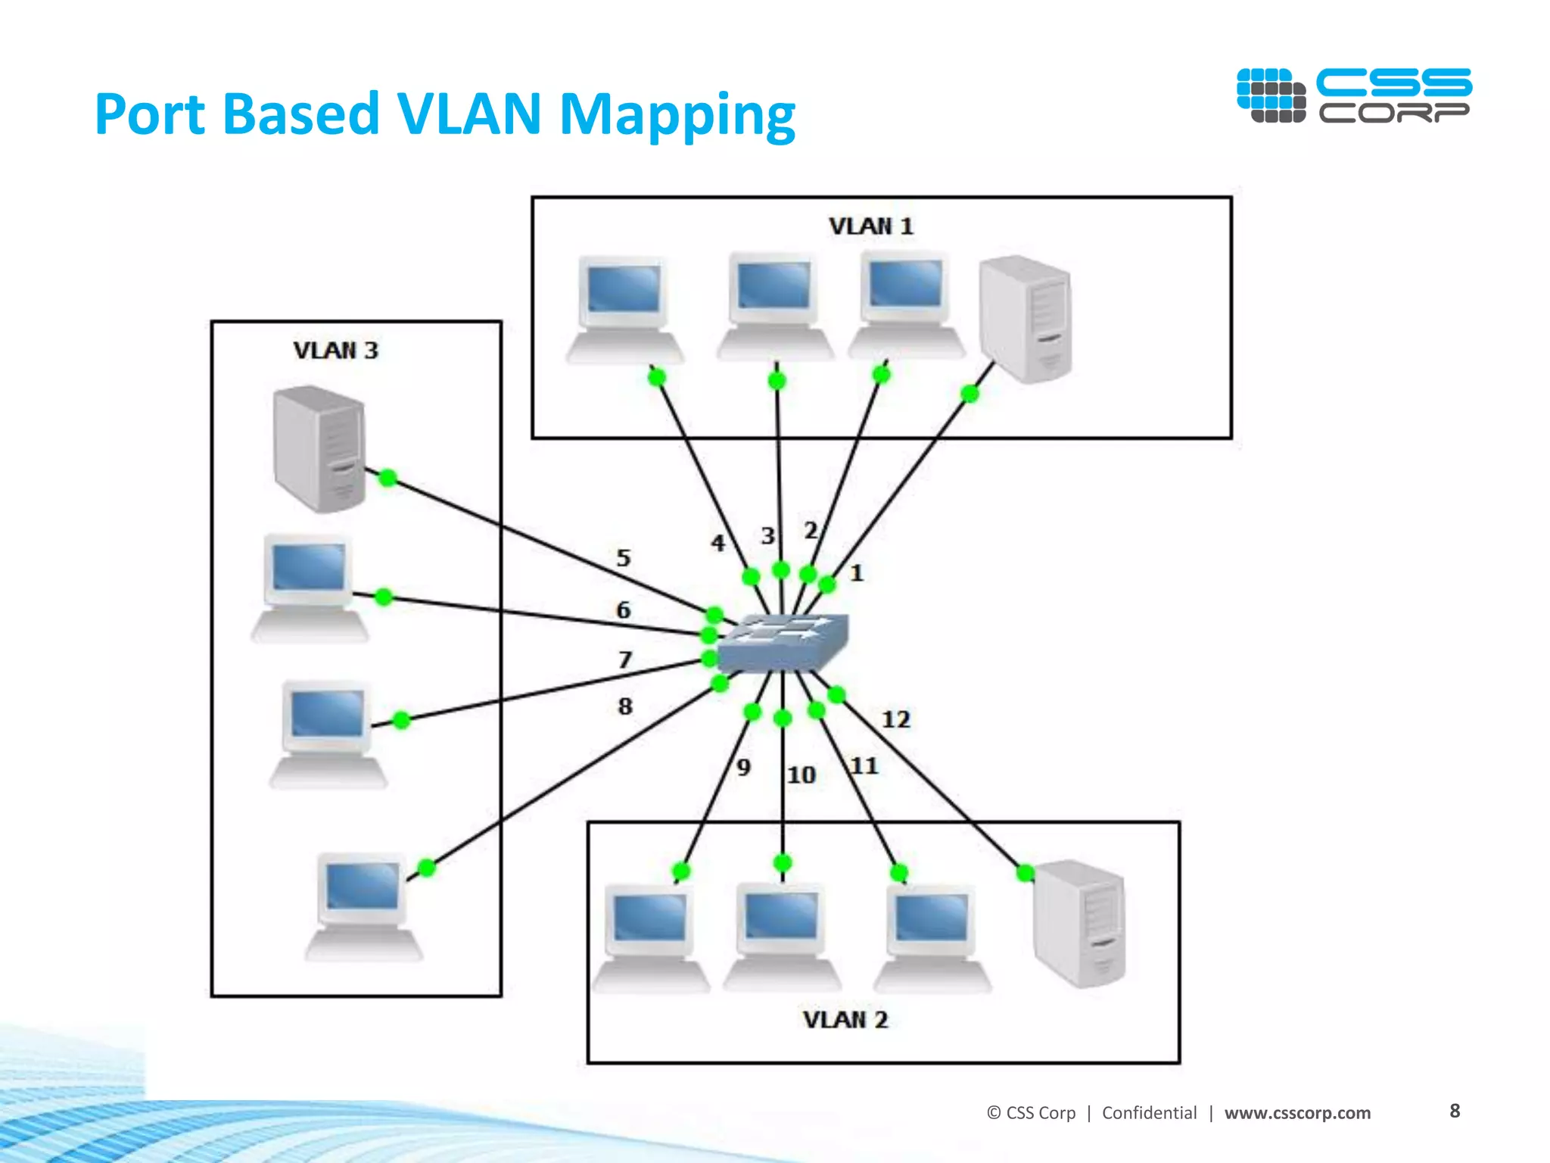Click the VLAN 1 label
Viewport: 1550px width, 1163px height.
point(871,226)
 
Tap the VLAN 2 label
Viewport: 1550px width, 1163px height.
point(845,1020)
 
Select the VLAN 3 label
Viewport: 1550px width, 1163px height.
point(335,351)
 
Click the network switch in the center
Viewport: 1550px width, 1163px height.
point(783,643)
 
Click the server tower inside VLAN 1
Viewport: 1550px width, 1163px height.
point(1026,320)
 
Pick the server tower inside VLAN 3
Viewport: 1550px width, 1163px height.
point(319,448)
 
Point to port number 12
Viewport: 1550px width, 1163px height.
point(896,719)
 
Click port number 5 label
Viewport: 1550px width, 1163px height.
point(623,558)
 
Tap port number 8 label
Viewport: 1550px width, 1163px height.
point(624,706)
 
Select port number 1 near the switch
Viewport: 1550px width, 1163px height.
point(856,573)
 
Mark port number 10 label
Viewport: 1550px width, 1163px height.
point(801,775)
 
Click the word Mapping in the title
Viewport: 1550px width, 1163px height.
point(677,114)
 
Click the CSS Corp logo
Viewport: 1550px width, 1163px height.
point(1354,95)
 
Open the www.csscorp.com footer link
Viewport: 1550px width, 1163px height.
point(1297,1112)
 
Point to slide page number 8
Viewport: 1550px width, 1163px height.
point(1455,1111)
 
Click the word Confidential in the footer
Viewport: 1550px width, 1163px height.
point(1149,1112)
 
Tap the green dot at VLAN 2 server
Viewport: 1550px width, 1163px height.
point(1025,873)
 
